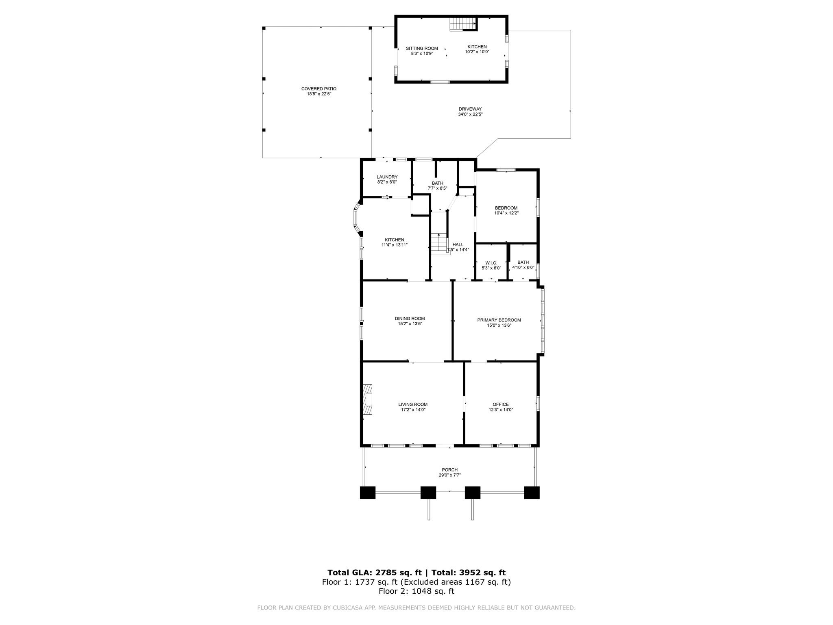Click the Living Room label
pos(413,404)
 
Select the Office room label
pos(501,404)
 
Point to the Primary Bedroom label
pos(499,320)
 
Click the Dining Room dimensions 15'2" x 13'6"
pos(410,324)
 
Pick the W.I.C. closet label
pos(491,263)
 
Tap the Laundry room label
pos(387,177)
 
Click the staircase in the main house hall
pos(439,243)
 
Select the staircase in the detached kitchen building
pos(463,24)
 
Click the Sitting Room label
pos(422,48)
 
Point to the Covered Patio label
pos(319,89)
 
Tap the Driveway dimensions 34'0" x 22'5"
pos(470,114)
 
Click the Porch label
pos(450,470)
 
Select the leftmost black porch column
pos(368,493)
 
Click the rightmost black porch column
pos(532,493)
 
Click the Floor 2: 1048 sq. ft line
pos(416,591)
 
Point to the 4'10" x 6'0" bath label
pos(523,268)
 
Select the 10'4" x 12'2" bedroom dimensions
pos(506,213)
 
